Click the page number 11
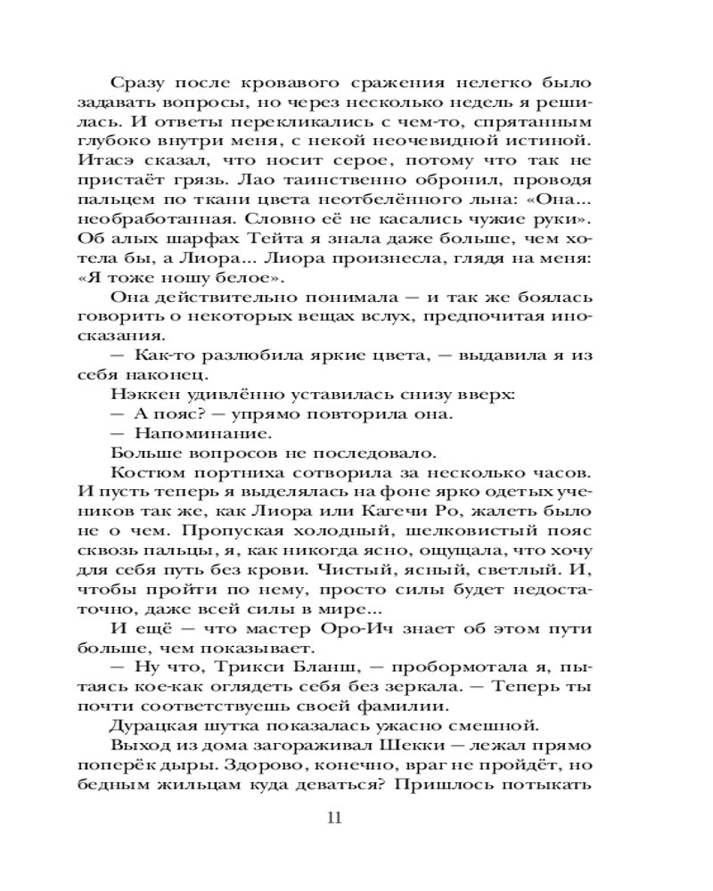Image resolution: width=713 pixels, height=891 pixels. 334,818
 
